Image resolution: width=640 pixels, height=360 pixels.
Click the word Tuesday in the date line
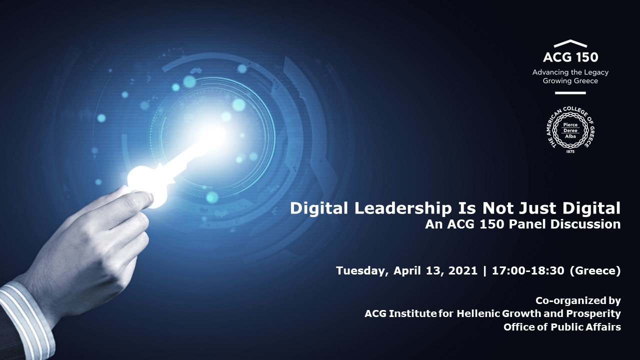click(x=362, y=271)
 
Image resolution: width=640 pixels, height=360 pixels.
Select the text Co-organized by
click(x=578, y=300)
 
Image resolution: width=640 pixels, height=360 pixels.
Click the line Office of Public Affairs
click(x=562, y=327)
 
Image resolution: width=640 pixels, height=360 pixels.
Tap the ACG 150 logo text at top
click(x=570, y=57)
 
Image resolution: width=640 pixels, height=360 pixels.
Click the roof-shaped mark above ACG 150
click(x=570, y=44)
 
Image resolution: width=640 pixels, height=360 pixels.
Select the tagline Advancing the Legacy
click(x=570, y=72)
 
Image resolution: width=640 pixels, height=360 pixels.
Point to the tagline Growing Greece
click(x=570, y=80)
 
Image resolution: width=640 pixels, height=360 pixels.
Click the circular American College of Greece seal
click(x=570, y=129)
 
